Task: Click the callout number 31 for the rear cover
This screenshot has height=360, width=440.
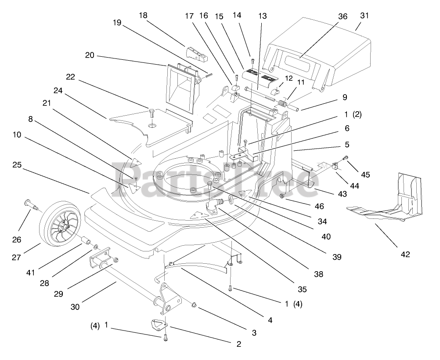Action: tap(364, 15)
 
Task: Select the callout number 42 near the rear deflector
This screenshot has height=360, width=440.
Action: tap(404, 254)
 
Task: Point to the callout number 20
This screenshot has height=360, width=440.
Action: tap(90, 55)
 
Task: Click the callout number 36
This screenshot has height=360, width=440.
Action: tap(343, 16)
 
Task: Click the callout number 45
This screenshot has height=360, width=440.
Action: tap(365, 175)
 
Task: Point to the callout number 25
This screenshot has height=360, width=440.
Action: tap(17, 165)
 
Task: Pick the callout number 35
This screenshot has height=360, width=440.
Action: tap(302, 289)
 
